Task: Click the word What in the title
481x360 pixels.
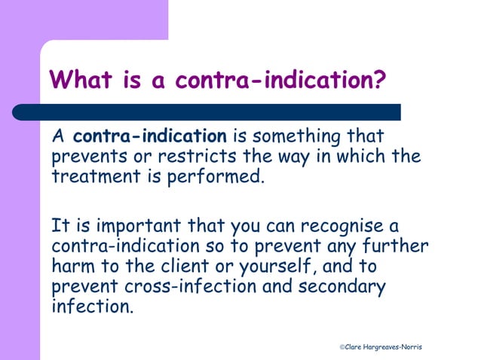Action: [x=81, y=79]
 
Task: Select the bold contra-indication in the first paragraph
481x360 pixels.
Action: [x=150, y=137]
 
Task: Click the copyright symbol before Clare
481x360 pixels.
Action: [x=342, y=346]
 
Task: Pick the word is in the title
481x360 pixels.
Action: [x=133, y=79]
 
